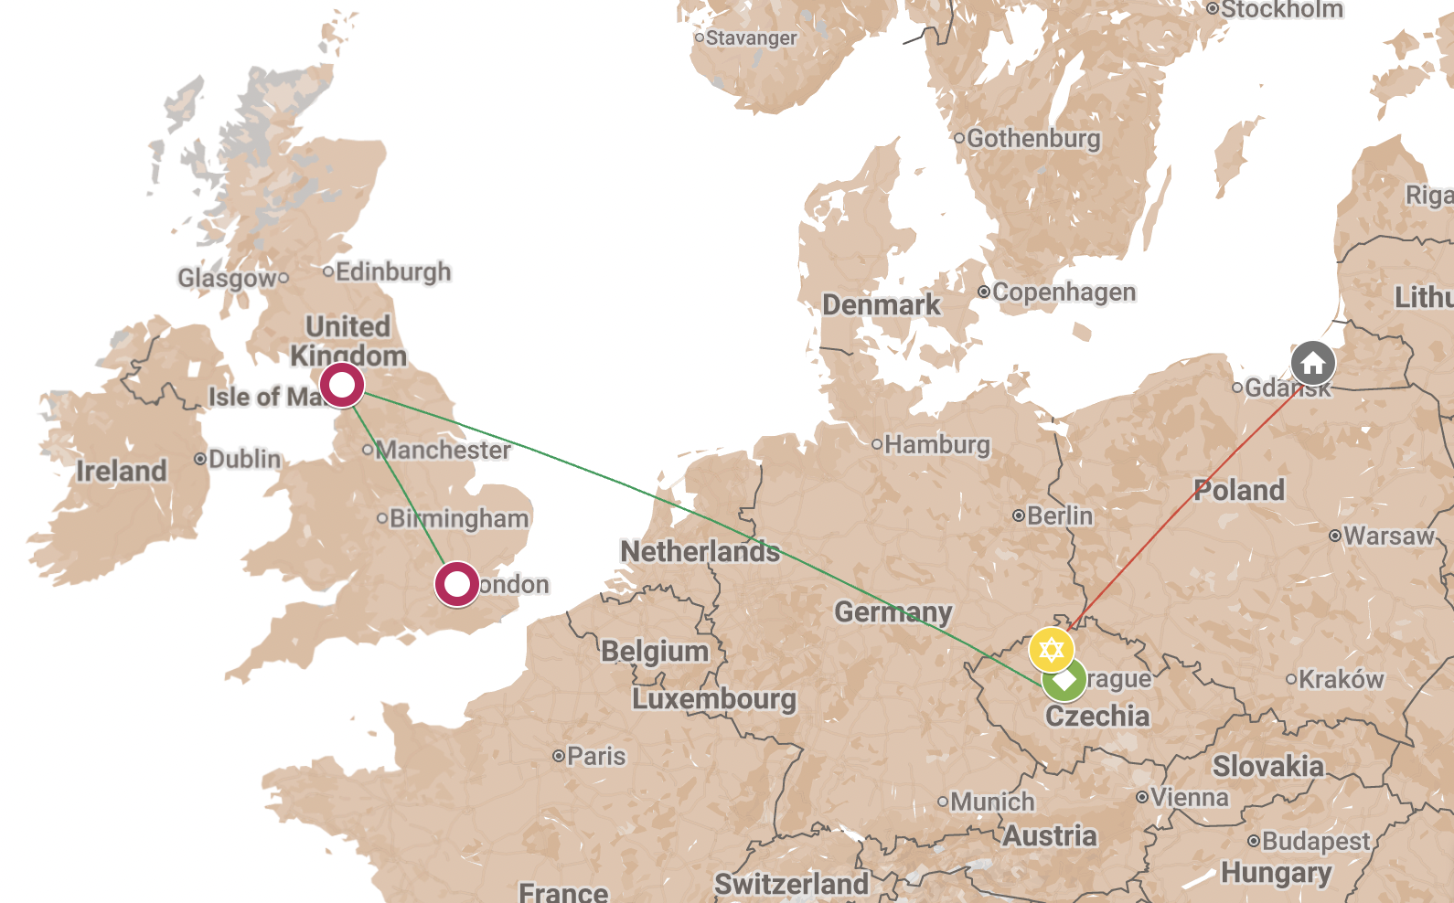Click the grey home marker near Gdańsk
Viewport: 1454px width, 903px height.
pyautogui.click(x=1312, y=363)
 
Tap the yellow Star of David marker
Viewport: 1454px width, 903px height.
pyautogui.click(x=1051, y=650)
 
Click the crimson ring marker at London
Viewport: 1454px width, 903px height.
pyautogui.click(x=456, y=584)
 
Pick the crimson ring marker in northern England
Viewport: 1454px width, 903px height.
pyautogui.click(x=342, y=385)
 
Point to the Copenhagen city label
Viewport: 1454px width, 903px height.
pyautogui.click(x=1064, y=292)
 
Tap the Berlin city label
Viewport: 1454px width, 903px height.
pyautogui.click(x=1059, y=516)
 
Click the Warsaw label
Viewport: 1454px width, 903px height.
pyautogui.click(x=1388, y=536)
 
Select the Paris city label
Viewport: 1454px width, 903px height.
pyautogui.click(x=595, y=757)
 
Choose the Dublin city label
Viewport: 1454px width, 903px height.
pyautogui.click(x=244, y=459)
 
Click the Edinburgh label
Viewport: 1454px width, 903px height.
pyautogui.click(x=392, y=272)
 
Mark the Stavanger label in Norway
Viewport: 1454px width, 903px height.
pyautogui.click(x=751, y=38)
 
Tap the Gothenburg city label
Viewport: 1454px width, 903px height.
pyautogui.click(x=1032, y=139)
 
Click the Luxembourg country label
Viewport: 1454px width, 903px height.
pyautogui.click(x=714, y=699)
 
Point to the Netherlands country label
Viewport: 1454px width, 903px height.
pyautogui.click(x=700, y=552)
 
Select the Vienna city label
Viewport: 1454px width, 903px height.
pyautogui.click(x=1189, y=798)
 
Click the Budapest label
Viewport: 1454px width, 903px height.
pyautogui.click(x=1315, y=842)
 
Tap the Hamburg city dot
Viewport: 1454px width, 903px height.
pyautogui.click(x=876, y=444)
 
